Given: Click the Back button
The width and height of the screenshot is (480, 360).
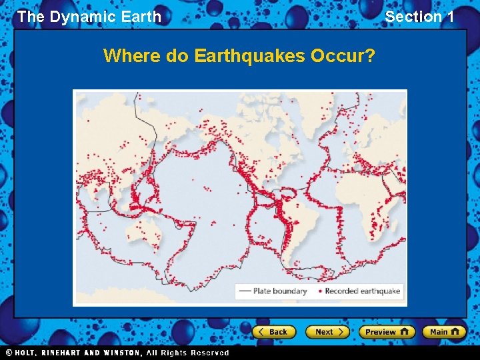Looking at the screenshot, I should [273, 332].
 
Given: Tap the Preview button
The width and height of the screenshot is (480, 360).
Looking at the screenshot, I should [386, 332].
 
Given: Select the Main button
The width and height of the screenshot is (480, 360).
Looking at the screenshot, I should [443, 332].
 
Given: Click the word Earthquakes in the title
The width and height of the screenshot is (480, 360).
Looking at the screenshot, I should [250, 55].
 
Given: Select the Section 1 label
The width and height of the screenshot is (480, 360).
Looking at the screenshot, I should [419, 17].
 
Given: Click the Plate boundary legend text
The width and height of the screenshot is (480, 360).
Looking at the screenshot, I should [280, 291].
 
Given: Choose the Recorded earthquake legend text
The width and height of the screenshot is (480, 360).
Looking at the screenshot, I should [363, 291].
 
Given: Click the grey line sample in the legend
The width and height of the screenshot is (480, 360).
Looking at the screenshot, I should [245, 291].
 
